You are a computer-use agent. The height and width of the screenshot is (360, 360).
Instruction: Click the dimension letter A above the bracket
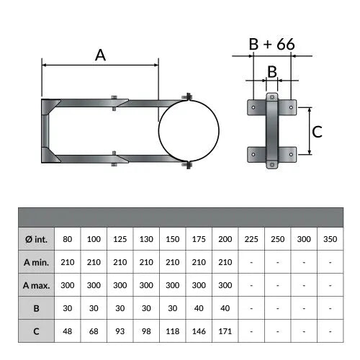[x=100, y=55]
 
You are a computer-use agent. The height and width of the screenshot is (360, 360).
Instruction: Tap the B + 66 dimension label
[x=271, y=44]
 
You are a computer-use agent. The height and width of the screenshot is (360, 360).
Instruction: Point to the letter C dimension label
[x=317, y=132]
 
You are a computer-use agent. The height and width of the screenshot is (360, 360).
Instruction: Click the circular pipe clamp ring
[x=158, y=131]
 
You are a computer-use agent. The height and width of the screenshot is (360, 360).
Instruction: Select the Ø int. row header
[x=37, y=239]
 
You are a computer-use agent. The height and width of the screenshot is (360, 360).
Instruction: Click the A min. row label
[x=36, y=262]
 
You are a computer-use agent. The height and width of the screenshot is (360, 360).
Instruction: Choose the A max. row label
[x=36, y=285]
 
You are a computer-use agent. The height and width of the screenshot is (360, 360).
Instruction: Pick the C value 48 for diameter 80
[x=68, y=331]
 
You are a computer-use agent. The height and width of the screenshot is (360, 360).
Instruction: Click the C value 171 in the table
[x=225, y=331]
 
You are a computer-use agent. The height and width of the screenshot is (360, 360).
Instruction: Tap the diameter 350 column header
[x=330, y=239]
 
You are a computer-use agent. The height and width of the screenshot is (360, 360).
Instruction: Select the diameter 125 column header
[x=120, y=239]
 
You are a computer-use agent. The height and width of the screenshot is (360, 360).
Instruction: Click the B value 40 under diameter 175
[x=199, y=308]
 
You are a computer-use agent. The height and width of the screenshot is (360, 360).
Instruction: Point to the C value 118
[x=172, y=331]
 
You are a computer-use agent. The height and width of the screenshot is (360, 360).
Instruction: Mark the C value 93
[x=120, y=331]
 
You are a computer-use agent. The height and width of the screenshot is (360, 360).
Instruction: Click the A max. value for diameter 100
[x=94, y=285]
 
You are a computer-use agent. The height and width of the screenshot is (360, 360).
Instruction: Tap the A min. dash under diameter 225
[x=251, y=262]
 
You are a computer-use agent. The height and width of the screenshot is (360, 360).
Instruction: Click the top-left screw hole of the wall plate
[x=253, y=107]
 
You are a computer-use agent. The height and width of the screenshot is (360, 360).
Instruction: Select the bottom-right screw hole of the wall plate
[x=291, y=154]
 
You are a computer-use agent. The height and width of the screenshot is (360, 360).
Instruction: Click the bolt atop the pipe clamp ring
[x=188, y=97]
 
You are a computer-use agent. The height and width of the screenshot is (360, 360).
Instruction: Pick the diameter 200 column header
[x=225, y=239]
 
